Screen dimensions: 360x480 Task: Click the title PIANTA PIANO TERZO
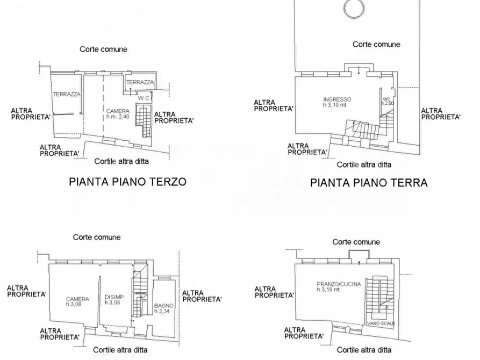tap(127, 182)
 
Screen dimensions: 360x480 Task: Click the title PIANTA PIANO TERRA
tap(369, 183)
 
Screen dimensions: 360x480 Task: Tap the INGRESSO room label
tap(338, 99)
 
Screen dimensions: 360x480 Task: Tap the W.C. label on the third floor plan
tap(144, 98)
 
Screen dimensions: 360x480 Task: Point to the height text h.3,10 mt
tap(338, 105)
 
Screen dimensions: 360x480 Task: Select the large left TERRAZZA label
tap(67, 94)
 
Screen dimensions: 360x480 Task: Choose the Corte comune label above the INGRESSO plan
tap(376, 45)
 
